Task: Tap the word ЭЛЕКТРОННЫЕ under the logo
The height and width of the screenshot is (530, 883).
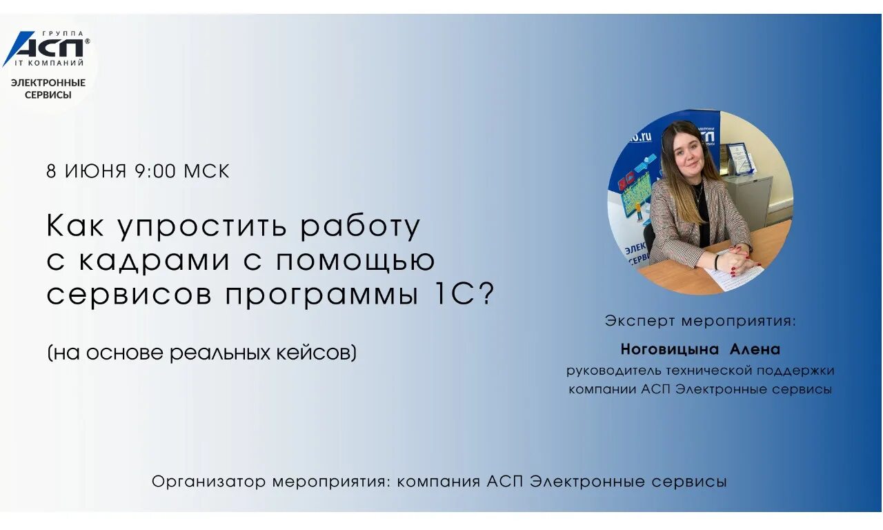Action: pos(48,83)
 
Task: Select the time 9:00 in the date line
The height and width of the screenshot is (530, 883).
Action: pos(155,171)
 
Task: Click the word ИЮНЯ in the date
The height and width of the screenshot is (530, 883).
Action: pos(96,171)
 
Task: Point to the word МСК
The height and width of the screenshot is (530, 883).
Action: pos(206,171)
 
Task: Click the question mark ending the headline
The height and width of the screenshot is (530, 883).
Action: pos(487,295)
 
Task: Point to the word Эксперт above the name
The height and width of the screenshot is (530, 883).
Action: pos(639,321)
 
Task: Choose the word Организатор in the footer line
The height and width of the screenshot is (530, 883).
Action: pos(209,482)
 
